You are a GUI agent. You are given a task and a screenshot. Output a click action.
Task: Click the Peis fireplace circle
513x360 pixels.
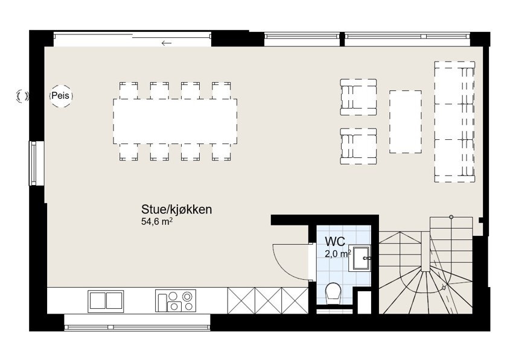click(x=60, y=96)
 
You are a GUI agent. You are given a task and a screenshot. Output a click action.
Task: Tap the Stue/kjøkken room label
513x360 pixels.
click(x=176, y=210)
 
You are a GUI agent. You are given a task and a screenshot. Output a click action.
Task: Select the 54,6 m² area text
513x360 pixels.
click(x=157, y=222)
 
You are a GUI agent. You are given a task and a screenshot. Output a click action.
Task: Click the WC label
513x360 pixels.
click(x=335, y=241)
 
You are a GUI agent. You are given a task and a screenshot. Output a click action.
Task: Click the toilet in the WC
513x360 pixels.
click(x=333, y=295)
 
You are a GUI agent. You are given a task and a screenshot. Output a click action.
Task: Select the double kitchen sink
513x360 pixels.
click(x=106, y=300)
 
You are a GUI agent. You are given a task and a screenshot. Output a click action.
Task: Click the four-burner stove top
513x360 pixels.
click(x=176, y=300)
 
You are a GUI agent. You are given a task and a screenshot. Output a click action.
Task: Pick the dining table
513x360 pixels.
click(x=175, y=121)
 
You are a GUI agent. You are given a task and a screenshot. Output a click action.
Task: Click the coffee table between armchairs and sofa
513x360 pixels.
click(x=405, y=121)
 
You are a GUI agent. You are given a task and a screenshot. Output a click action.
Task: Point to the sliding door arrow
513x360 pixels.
click(x=167, y=43)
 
